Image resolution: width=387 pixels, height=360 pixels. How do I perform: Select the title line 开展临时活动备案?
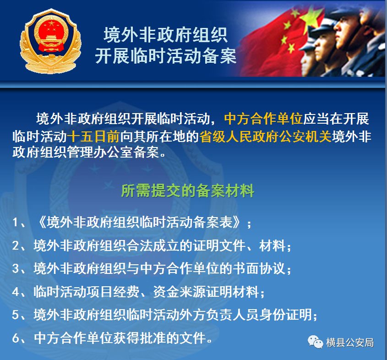coord(166,56)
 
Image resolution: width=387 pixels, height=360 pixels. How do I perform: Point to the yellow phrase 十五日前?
coord(93,136)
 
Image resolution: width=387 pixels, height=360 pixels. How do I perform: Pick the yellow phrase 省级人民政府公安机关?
coord(265,136)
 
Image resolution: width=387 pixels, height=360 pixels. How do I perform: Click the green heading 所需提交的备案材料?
coord(188,191)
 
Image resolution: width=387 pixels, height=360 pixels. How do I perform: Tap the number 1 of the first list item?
coord(15,223)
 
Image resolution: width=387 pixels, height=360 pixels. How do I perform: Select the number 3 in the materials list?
coord(15,268)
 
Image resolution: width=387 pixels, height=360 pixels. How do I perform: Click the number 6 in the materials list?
coord(15,338)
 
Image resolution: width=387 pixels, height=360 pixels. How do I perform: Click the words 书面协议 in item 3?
coord(259,268)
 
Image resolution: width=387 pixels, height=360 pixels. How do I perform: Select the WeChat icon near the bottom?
coord(315,342)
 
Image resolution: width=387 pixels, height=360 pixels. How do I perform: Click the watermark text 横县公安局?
coord(350,343)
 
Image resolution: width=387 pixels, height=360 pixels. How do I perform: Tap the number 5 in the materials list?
coord(15,315)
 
